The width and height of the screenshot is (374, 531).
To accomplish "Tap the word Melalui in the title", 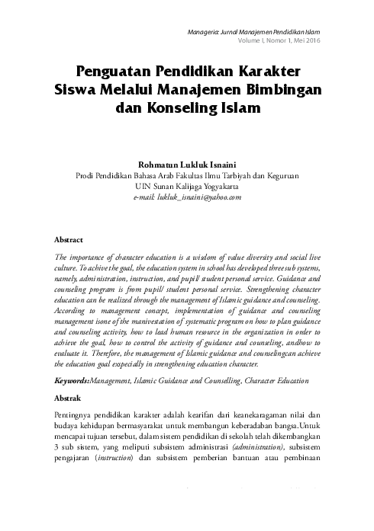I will [x=150, y=91].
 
